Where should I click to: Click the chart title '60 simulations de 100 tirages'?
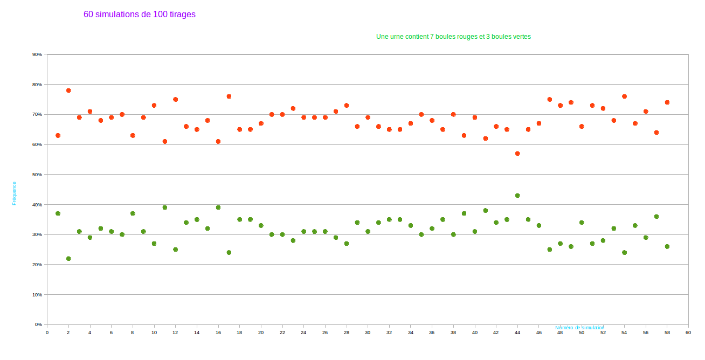[x=140, y=15]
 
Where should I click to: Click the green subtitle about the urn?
[x=453, y=37]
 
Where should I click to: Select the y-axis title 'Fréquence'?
[x=15, y=193]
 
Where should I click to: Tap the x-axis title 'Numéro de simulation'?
[x=580, y=328]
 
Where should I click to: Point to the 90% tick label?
[x=37, y=54]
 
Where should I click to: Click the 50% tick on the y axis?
[x=37, y=175]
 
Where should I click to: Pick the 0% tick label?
[x=38, y=324]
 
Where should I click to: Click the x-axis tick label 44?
[x=517, y=333]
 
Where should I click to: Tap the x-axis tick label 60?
[x=688, y=333]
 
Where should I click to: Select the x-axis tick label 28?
[x=347, y=333]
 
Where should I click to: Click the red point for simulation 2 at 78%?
[x=68, y=91]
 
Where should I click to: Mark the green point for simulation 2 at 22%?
[x=68, y=259]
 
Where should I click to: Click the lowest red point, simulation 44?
[x=517, y=154]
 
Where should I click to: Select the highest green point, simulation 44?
[x=517, y=196]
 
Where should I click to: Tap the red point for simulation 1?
[x=58, y=135]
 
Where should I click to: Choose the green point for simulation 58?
[x=667, y=246]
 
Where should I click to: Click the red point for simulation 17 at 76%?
[x=229, y=96]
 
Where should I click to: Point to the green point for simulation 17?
[x=229, y=252]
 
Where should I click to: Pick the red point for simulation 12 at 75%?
[x=176, y=100]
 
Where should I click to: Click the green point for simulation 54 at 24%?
[x=624, y=252]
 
